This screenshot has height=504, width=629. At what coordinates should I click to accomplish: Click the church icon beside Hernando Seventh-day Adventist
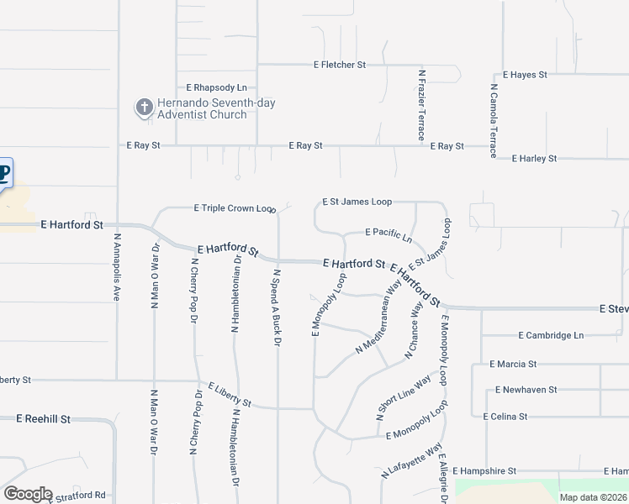(x=144, y=107)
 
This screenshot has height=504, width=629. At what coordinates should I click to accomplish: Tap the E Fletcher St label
(x=340, y=64)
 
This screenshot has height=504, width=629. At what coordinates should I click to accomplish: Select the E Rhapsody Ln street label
(x=217, y=87)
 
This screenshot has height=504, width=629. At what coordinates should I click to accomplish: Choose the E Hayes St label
(x=525, y=75)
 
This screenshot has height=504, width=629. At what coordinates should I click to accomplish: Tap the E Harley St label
(x=534, y=158)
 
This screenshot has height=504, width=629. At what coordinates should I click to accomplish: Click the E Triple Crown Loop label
(x=235, y=207)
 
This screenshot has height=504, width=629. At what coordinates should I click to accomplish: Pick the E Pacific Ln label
(x=388, y=233)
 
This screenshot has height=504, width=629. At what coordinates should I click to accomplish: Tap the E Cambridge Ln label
(x=549, y=335)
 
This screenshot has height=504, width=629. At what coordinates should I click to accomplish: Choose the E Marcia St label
(x=513, y=364)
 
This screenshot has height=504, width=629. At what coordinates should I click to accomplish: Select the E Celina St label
(x=505, y=416)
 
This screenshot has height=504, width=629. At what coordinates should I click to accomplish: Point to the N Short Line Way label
(x=403, y=396)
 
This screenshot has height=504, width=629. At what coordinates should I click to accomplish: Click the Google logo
(x=27, y=494)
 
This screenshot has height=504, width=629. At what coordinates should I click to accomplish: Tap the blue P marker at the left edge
(x=4, y=175)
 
